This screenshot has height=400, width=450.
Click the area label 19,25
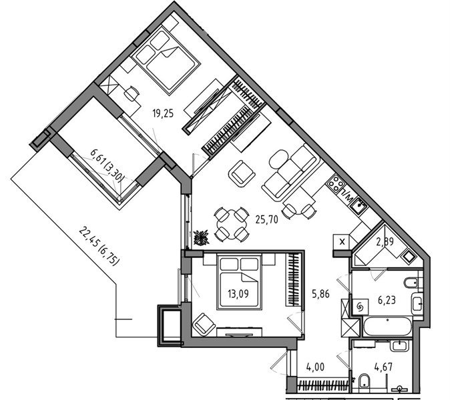(163, 114)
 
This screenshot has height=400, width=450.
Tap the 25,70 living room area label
(267, 219)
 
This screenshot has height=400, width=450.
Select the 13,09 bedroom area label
(238, 293)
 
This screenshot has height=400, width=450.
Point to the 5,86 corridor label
(320, 294)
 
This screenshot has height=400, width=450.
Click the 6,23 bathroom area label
(387, 300)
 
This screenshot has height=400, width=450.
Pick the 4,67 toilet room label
(383, 367)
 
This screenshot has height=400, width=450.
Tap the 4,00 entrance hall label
(315, 367)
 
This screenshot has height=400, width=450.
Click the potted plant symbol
(201, 238)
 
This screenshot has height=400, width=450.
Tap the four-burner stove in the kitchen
(335, 183)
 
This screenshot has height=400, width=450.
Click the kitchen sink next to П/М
(359, 205)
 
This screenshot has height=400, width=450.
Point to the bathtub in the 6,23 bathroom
(387, 326)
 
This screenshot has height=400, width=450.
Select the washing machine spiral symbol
(360, 307)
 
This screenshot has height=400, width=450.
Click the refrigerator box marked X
(342, 242)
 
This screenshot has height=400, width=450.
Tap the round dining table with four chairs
(231, 225)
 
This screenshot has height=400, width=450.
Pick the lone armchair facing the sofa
(242, 173)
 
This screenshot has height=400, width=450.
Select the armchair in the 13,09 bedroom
(204, 325)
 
